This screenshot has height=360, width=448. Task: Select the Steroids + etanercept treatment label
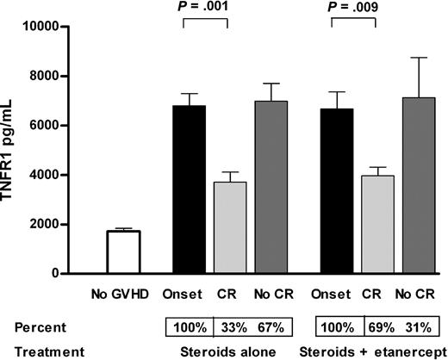370,351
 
